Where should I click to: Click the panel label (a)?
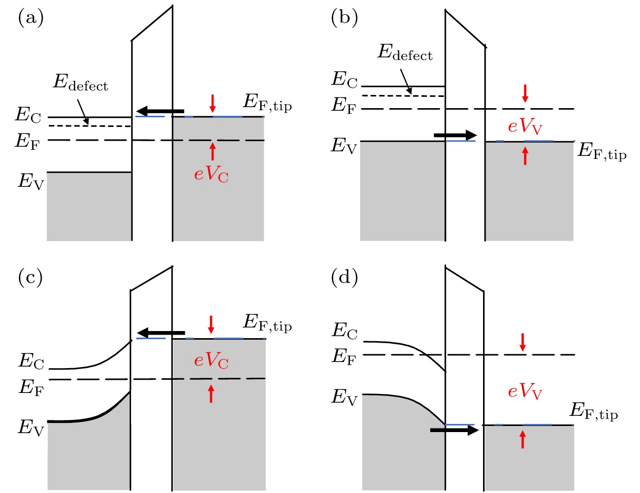(x=30, y=18)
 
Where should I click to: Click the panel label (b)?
(x=344, y=18)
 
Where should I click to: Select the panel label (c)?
(x=30, y=278)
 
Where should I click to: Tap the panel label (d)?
(x=344, y=278)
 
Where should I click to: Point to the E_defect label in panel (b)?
(x=405, y=52)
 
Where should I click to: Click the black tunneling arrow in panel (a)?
(x=161, y=111)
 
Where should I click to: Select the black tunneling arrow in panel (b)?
(x=456, y=135)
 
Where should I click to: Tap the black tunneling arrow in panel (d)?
(x=454, y=431)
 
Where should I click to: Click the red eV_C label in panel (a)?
(x=211, y=174)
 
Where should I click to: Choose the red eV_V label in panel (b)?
(x=525, y=126)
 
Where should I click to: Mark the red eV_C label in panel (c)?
(x=211, y=360)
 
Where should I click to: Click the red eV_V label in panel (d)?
(x=525, y=391)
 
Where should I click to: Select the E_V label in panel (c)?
(x=31, y=428)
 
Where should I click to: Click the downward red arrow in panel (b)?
(x=525, y=93)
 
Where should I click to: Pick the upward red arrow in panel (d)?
(x=523, y=439)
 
